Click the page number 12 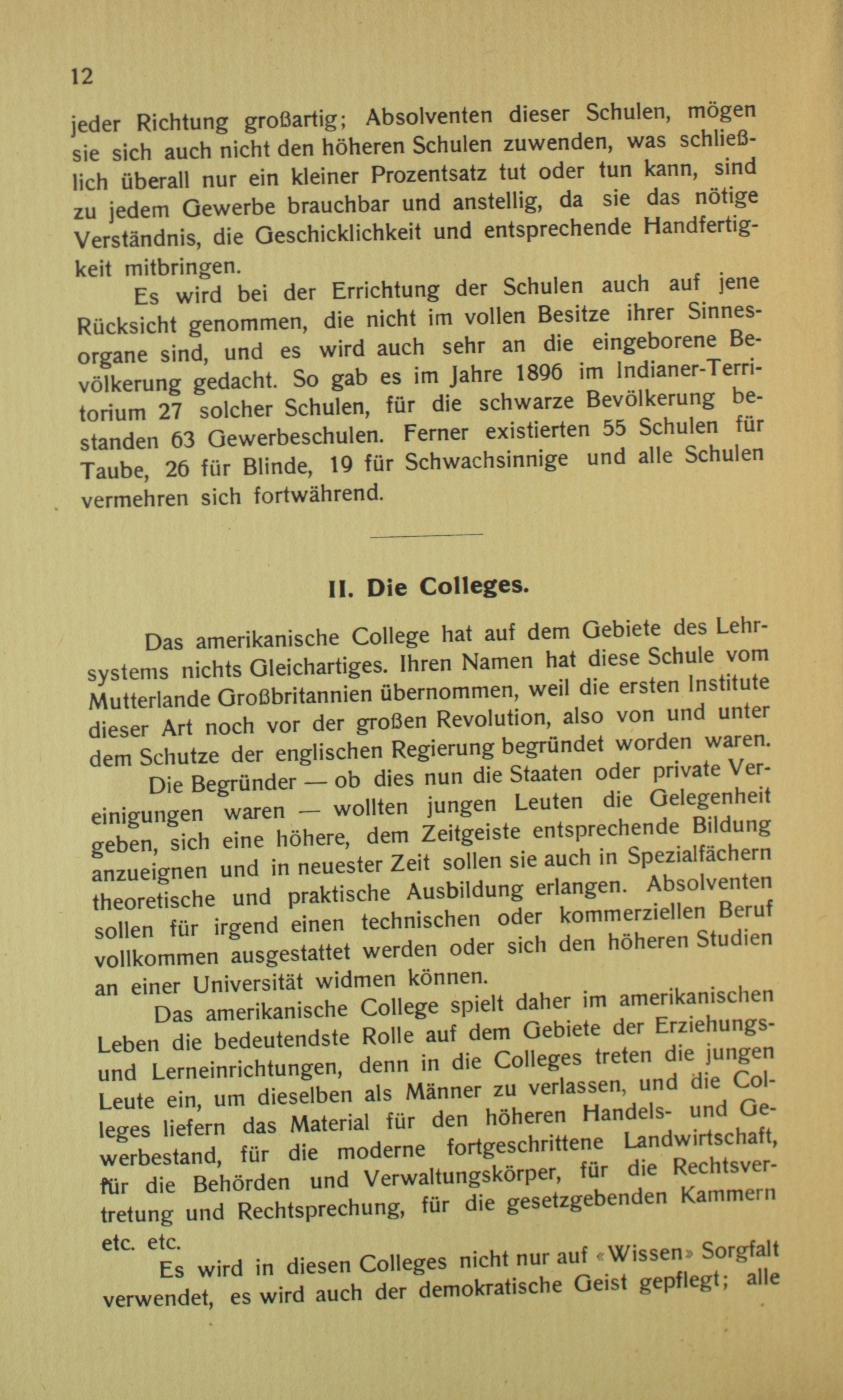[x=82, y=75]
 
